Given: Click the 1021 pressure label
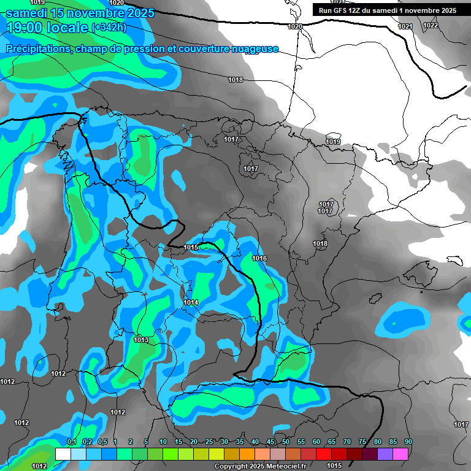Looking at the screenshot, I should coord(405,26).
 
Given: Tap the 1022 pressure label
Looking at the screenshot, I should coord(431,25).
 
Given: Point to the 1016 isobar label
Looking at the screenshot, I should coord(259,258).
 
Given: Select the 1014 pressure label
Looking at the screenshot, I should coord(191,302).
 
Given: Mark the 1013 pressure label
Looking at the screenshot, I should coord(142,340).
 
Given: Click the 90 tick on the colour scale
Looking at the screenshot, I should coord(408,442).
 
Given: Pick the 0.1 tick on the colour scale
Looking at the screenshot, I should coord(71,442).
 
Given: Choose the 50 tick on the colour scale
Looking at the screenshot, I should coord(286,442).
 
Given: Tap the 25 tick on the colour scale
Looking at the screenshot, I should coord(209,442).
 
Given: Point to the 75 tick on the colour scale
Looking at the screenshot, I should coord(362,442).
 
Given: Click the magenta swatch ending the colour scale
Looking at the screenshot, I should coord(400,454).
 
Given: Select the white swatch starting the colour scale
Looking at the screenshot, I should coord(63,454).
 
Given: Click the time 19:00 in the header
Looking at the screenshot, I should coord(25,27).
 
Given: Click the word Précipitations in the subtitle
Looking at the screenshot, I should coord(37,49).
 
